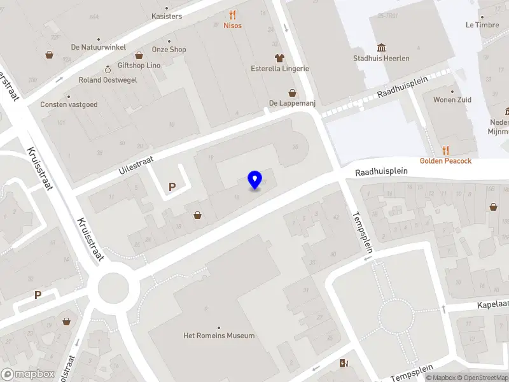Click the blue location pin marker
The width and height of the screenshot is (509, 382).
tap(255, 180)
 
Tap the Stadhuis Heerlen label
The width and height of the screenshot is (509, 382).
tap(381, 59)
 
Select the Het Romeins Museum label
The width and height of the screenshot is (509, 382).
tap(219, 336)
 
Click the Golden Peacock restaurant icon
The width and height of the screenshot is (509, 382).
tap(445, 150)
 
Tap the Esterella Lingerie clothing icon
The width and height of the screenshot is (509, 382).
tap(279, 58)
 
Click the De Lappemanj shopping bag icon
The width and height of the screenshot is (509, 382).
tap(292, 93)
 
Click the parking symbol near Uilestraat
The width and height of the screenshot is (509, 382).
tap(171, 187)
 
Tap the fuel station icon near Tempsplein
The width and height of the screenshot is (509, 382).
tap(344, 364)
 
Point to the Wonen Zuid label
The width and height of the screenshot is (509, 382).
tap(452, 100)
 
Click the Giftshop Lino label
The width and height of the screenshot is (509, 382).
tap(139, 66)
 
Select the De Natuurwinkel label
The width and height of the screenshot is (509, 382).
tap(99, 47)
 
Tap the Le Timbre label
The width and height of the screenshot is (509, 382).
tap(482, 25)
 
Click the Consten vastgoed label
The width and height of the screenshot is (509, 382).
tap(69, 104)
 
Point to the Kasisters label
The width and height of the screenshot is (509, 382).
tap(167, 17)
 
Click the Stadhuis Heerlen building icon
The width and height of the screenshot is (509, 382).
tap(381, 47)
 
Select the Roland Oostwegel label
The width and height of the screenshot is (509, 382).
tap(108, 80)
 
